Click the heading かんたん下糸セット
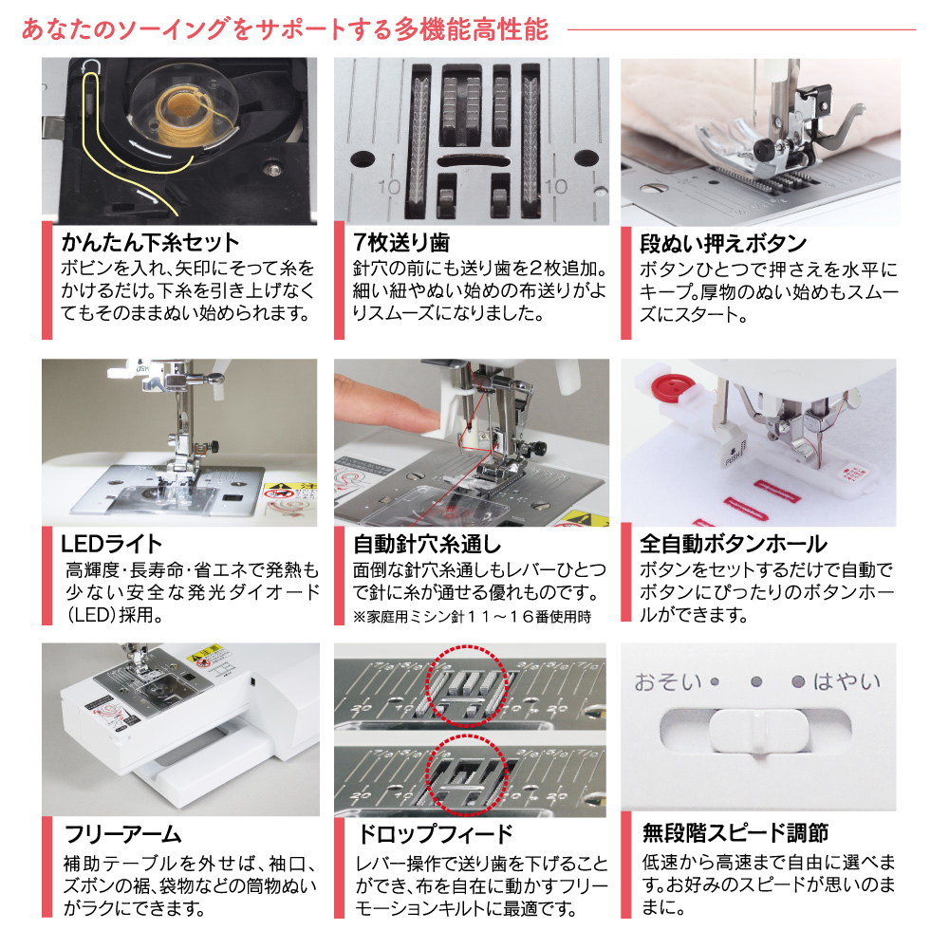(150, 243)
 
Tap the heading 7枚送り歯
(401, 243)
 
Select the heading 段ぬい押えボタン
(723, 244)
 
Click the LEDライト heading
(111, 544)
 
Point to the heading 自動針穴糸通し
(427, 544)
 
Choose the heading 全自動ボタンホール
(734, 544)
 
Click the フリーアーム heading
(122, 834)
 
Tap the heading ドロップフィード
(436, 834)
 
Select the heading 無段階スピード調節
(735, 833)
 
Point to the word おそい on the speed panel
(668, 682)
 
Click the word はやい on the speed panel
(847, 681)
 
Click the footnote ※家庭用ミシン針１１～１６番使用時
(472, 617)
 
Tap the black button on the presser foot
(764, 148)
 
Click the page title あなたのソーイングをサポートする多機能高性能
(285, 29)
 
